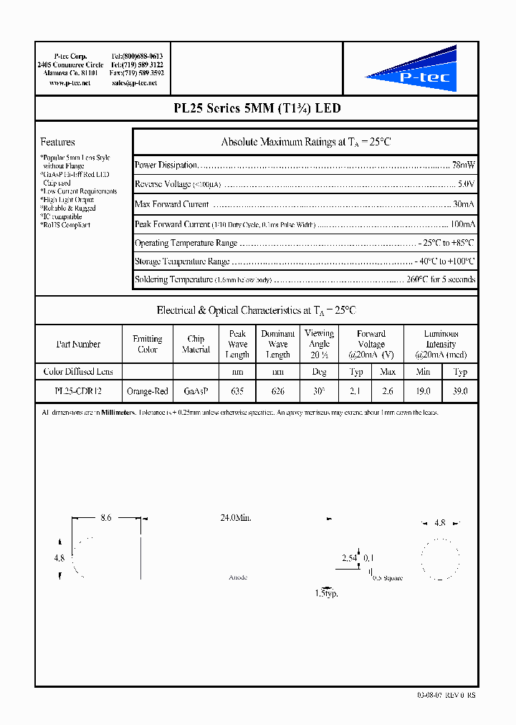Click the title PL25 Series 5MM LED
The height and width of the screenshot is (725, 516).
point(257,109)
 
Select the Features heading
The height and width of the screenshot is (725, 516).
point(57,142)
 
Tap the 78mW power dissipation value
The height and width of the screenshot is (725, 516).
point(464,165)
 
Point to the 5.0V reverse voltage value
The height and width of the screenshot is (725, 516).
point(467,184)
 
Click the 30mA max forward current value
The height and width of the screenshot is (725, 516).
point(464,204)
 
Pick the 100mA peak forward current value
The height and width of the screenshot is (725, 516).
point(462,224)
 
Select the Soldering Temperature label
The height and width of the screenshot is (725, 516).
point(173,279)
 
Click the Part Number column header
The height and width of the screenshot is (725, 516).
point(78,345)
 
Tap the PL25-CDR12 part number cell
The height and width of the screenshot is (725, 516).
point(78,392)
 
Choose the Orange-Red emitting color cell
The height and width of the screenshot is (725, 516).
point(148,392)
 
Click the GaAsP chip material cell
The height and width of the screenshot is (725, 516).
point(196,392)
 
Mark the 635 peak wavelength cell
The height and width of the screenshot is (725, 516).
point(237,392)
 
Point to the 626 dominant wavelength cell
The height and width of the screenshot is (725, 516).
point(278,392)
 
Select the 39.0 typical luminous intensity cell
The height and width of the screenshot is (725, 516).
point(460,392)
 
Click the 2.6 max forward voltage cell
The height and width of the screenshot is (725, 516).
point(388,392)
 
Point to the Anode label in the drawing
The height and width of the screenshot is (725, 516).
point(238,577)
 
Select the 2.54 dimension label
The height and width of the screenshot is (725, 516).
point(349,557)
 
